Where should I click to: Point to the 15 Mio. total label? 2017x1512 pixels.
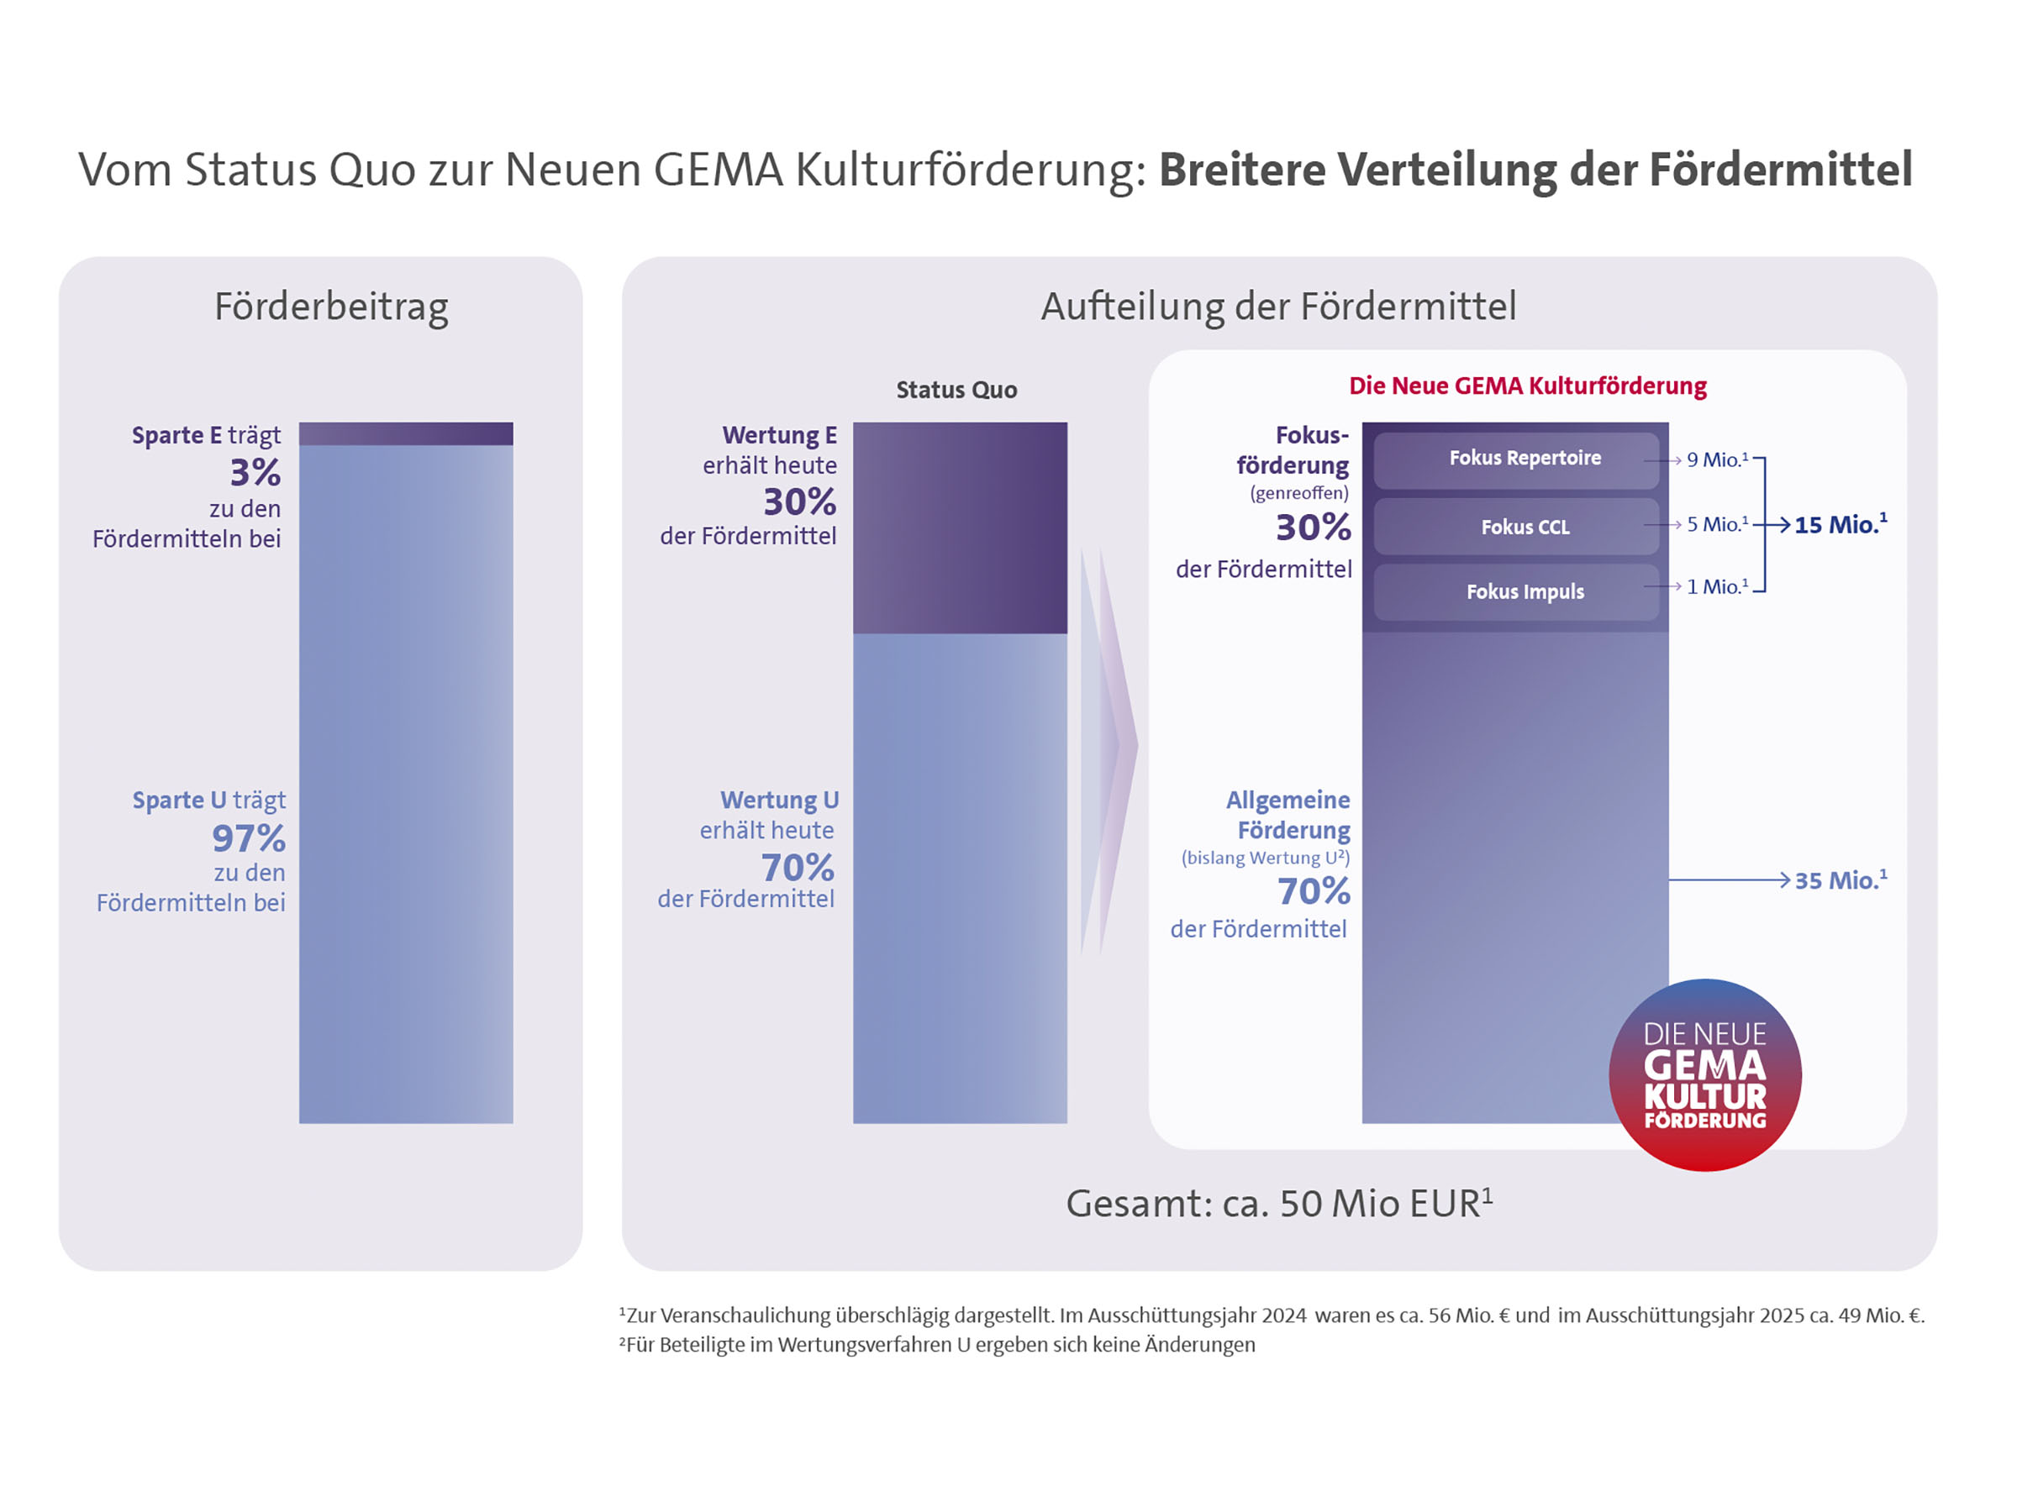coord(1838,524)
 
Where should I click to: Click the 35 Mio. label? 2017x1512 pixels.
coord(1838,879)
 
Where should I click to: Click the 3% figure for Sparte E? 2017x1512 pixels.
coord(255,472)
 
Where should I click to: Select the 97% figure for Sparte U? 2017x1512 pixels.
coord(248,837)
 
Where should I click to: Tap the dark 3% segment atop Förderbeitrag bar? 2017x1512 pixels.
coord(406,433)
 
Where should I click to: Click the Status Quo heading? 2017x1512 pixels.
coord(956,390)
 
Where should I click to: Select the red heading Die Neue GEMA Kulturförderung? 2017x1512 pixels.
coord(1527,386)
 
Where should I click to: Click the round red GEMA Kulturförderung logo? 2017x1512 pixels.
coord(1704,1074)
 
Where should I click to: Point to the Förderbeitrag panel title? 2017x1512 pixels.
coord(331,307)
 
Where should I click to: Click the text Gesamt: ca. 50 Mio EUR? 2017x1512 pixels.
coord(1278,1203)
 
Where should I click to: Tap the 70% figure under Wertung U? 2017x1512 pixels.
coord(797,867)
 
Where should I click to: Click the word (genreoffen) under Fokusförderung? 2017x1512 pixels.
coord(1298,493)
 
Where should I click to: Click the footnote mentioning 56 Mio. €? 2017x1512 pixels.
coord(1271,1315)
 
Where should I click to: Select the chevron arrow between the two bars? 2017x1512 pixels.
coord(1109,748)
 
